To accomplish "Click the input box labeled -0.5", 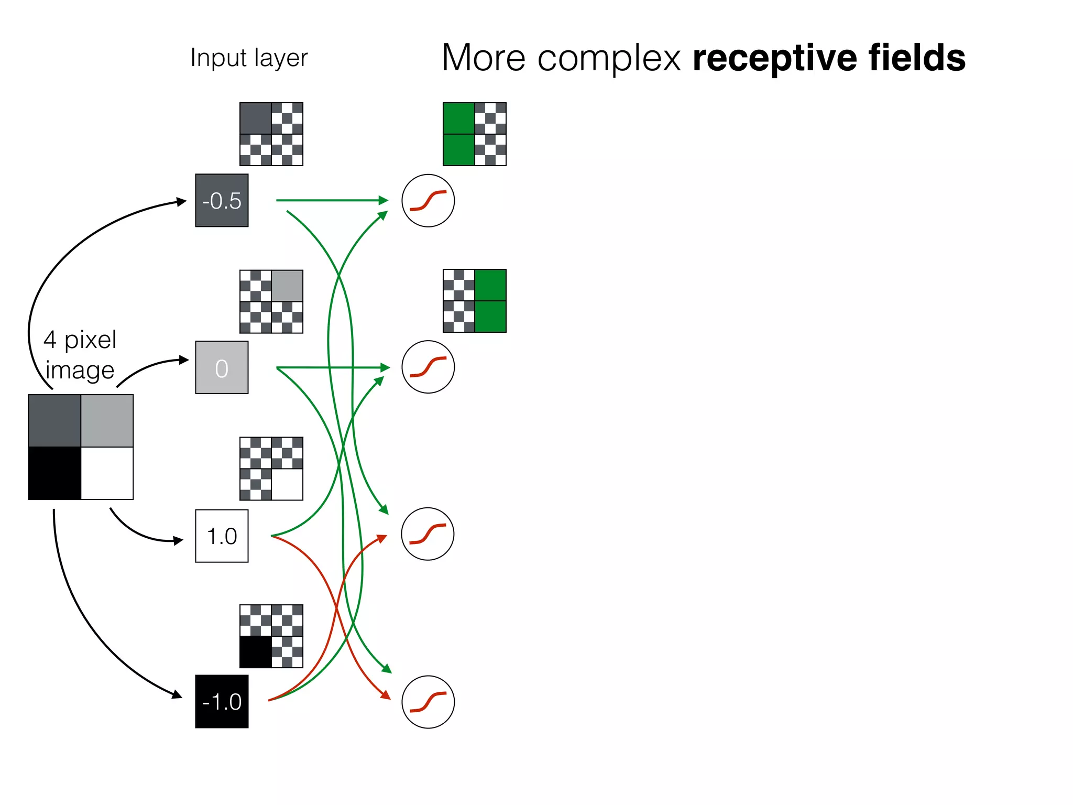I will click(222, 200).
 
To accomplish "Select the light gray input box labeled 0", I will click(222, 367).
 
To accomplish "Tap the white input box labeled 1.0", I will click(222, 536).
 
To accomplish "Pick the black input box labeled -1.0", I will click(222, 701).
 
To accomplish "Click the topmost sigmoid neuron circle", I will click(428, 200).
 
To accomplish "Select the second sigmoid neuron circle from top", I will click(428, 367).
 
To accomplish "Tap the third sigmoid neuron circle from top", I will click(428, 534).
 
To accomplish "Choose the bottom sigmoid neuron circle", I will click(428, 702).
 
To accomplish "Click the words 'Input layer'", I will click(249, 58).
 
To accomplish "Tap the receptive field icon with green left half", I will click(475, 134).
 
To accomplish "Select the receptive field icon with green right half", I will click(475, 301).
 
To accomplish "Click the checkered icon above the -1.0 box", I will click(271, 636).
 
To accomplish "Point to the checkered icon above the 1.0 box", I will click(271, 469).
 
